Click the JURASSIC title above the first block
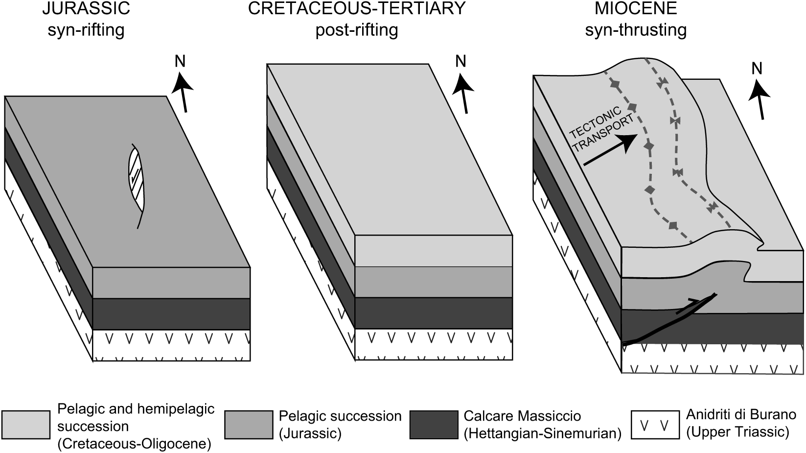[x=86, y=8]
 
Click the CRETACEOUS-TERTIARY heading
[x=356, y=8]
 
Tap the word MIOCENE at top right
[x=636, y=8]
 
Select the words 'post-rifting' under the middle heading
[x=356, y=30]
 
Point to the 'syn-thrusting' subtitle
[x=636, y=30]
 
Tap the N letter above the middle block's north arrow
[x=460, y=61]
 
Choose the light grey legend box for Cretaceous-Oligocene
[x=26, y=425]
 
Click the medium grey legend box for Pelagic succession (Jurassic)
[x=249, y=425]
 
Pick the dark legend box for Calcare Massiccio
[x=434, y=425]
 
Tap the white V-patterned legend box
[x=655, y=425]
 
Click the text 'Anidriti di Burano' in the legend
[x=741, y=414]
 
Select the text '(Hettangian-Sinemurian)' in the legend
[x=542, y=433]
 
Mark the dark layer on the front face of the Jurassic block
[x=171, y=314]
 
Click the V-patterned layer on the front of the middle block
[x=433, y=344]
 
